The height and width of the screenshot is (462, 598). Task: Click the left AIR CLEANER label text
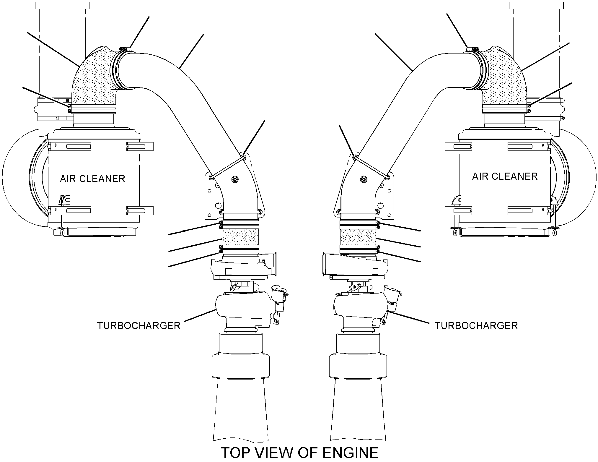click(92, 179)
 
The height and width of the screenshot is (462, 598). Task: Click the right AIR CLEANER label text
click(505, 176)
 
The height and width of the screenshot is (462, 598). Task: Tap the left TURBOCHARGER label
click(139, 325)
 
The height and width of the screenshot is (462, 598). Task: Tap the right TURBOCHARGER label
click(476, 325)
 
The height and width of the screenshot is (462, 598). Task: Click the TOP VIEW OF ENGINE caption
click(299, 453)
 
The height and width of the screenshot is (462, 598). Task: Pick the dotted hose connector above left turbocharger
click(240, 237)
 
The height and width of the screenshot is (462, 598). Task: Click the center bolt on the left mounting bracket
click(235, 179)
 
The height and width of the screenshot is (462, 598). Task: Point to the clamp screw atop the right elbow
click(472, 48)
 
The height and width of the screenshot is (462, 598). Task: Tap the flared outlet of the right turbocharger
click(326, 265)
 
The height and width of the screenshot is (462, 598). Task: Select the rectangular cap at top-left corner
click(62, 5)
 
